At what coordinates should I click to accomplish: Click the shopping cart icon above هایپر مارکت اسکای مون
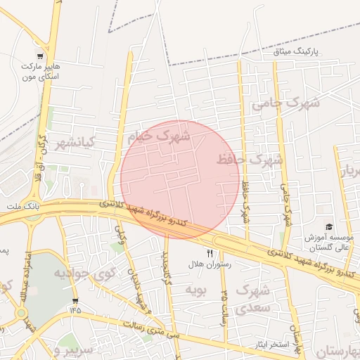coord(41,55)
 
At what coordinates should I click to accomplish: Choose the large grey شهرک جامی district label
coord(285,105)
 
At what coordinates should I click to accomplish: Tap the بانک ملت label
coord(20,207)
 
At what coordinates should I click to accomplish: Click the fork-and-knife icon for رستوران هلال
coord(210,252)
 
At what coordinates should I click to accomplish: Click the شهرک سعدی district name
coord(252,298)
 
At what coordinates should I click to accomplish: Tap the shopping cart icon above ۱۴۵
coord(75,301)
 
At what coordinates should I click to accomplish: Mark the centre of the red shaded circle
coord(180,179)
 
